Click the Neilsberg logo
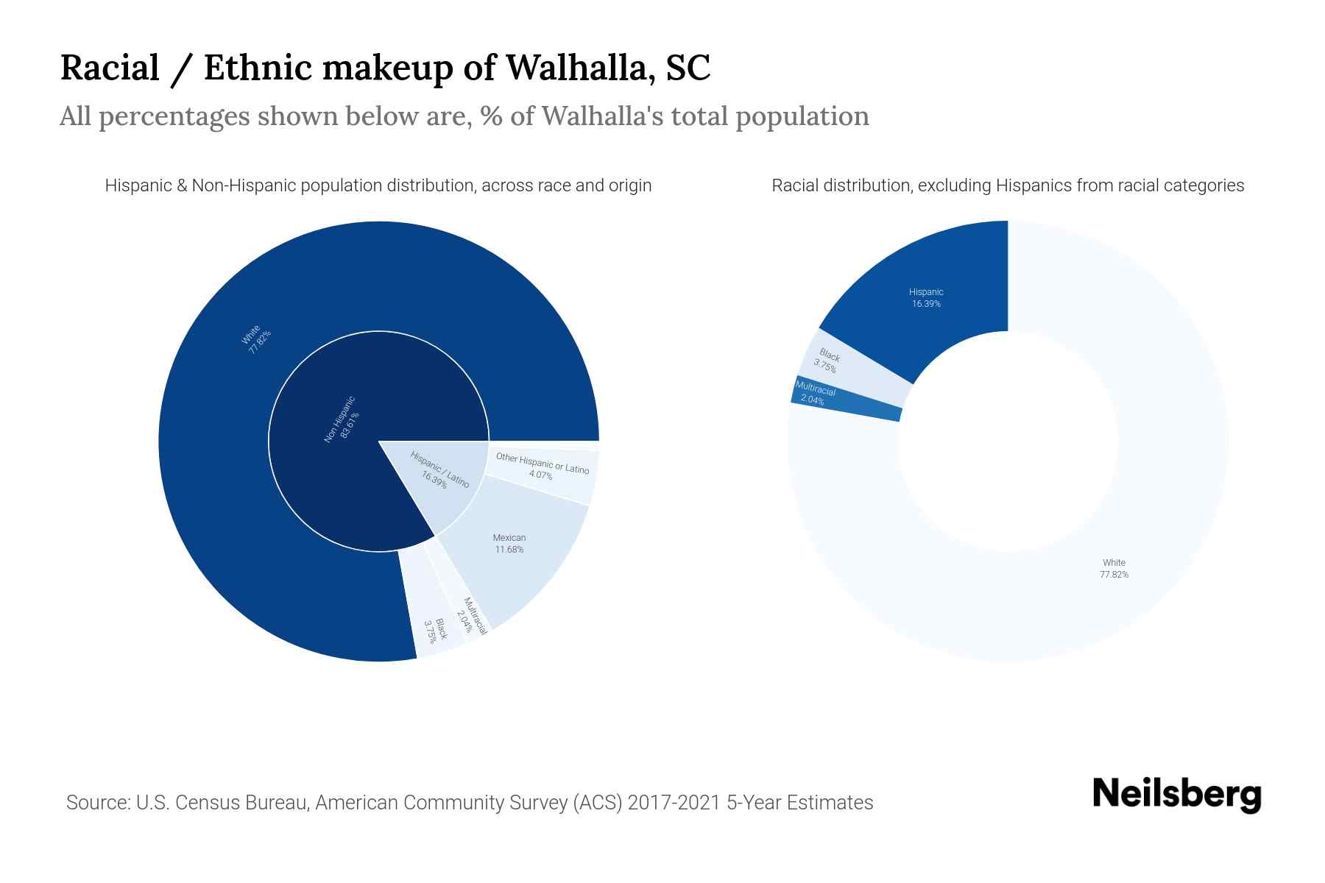[1176, 794]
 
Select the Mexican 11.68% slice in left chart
[509, 545]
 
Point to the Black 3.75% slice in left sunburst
[436, 630]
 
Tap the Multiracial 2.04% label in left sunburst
[471, 617]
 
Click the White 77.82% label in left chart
[256, 339]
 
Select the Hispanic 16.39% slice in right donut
[926, 298]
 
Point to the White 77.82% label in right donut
[1114, 569]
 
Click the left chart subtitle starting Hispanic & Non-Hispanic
[378, 185]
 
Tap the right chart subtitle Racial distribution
[1007, 185]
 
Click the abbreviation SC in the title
[688, 68]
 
